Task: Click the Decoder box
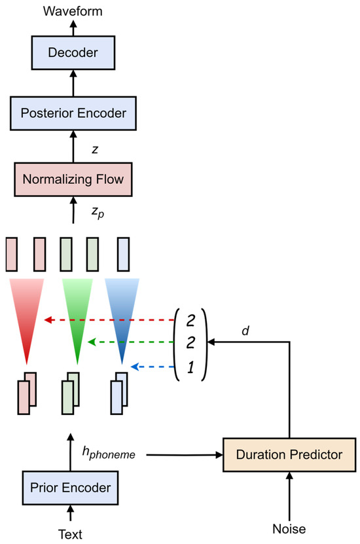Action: pos(73,51)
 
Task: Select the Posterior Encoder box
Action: pos(73,113)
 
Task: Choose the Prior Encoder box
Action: pos(73,488)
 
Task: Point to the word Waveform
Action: pos(73,10)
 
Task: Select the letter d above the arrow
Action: pos(245,331)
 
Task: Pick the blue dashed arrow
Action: pos(153,367)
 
